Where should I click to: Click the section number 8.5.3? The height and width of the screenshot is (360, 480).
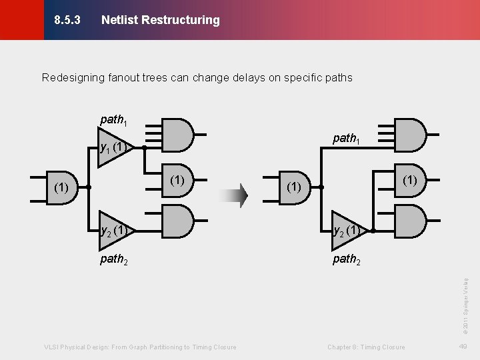click(67, 20)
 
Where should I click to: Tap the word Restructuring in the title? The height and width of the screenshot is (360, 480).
click(179, 20)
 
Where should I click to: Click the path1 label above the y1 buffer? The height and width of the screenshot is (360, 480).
click(113, 121)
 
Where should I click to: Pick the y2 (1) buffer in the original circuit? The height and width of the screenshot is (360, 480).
click(114, 231)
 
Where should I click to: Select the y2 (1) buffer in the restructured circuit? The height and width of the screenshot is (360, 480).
click(347, 231)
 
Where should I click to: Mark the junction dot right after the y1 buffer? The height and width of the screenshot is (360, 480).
click(144, 148)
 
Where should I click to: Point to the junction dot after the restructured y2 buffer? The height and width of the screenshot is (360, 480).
click(373, 231)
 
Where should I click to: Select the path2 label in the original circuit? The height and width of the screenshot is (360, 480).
click(113, 259)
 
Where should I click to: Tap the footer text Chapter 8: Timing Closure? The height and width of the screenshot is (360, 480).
click(366, 347)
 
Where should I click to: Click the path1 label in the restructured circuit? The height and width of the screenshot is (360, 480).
click(346, 139)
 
